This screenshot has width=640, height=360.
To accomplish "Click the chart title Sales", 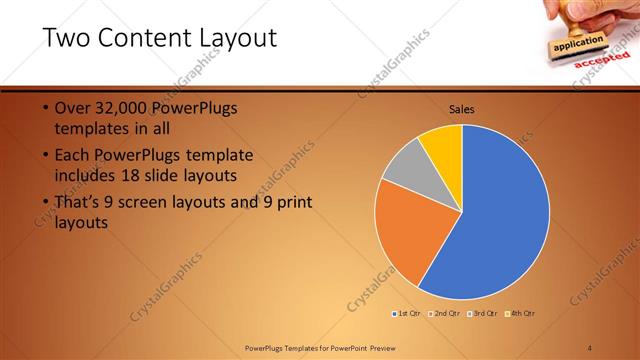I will point(461,109).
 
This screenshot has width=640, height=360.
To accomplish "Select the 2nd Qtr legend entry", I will point(445,314).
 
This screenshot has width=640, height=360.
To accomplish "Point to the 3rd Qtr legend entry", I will point(482,314).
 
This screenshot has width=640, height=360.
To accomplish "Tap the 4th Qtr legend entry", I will point(520,314).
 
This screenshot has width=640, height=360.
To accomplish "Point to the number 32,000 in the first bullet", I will point(128,108).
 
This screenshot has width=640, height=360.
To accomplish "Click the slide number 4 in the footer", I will point(590,347).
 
